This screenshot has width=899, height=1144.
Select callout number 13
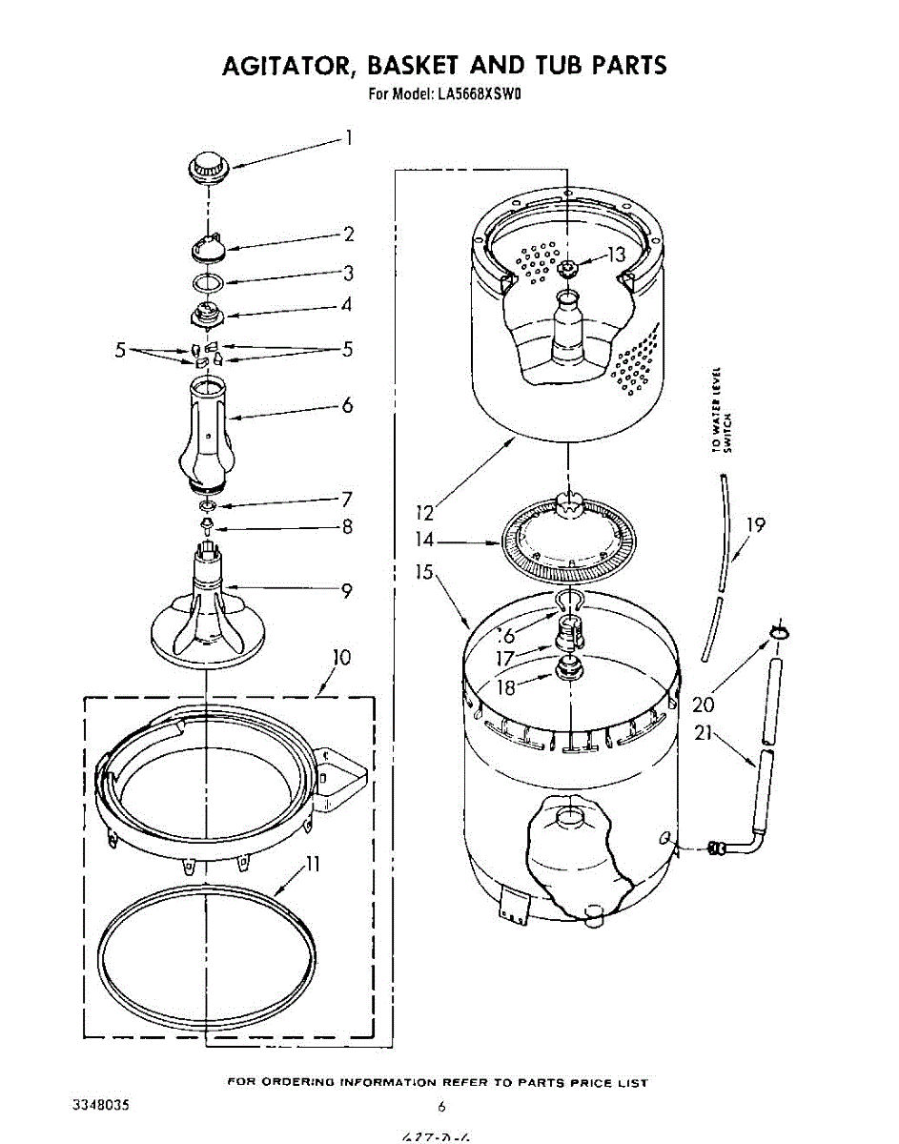(x=616, y=255)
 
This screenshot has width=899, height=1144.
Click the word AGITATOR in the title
(x=287, y=66)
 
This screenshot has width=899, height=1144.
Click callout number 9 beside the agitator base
(x=347, y=591)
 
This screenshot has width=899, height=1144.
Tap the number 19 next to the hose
(x=755, y=524)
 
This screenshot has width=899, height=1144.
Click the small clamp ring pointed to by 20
(x=777, y=632)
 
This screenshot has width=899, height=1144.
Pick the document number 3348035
(x=100, y=1106)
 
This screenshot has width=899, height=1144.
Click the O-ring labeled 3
(x=208, y=282)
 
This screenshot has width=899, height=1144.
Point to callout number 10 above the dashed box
(x=340, y=657)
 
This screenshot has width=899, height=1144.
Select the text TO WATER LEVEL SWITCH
(x=722, y=410)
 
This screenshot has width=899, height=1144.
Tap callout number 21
(x=705, y=734)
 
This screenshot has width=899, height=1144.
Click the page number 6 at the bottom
(x=441, y=1107)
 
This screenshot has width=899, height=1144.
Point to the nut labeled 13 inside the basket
(x=568, y=269)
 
